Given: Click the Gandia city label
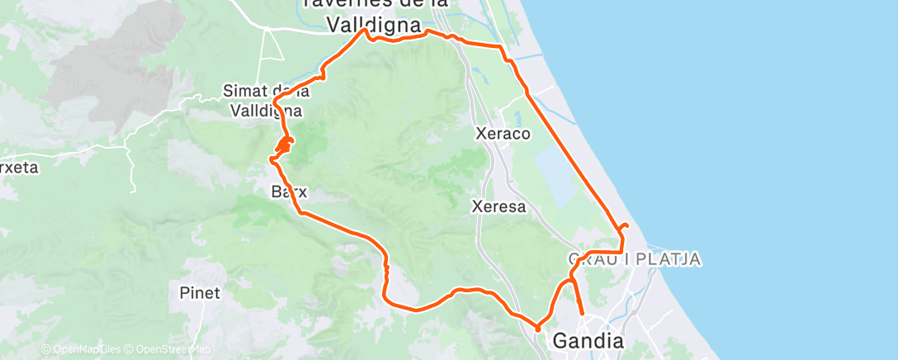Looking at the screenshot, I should coord(588,339).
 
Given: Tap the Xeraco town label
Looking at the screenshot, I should coord(503,133).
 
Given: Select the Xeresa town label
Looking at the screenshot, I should coord(499,206).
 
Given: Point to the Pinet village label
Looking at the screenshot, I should coord(200,292).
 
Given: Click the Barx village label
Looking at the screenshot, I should coord(289,192).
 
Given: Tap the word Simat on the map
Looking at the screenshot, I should coord(246,90).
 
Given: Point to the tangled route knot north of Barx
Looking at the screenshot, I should coord(281,147).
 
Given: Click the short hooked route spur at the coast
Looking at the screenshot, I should coord(623,225).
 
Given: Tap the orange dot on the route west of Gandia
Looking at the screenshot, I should coord(538,329).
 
